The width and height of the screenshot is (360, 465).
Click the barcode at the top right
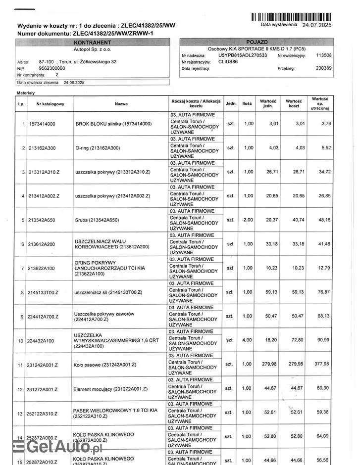tap(291, 17)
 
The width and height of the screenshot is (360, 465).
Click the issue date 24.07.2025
tap(317, 25)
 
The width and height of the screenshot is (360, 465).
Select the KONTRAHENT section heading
tap(94, 43)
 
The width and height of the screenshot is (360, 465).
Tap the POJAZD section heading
tap(257, 43)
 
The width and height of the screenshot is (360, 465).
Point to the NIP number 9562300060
tap(51, 68)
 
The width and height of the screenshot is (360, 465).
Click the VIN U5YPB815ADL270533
tap(243, 55)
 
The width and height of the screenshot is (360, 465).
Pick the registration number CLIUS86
tap(228, 62)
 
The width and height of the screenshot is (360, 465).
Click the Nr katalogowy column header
tap(50, 104)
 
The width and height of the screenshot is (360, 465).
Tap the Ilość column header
tap(247, 104)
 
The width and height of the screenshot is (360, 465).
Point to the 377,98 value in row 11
tap(322, 365)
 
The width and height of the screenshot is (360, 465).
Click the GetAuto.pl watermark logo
tap(57, 448)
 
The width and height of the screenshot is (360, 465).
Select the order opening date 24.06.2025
tap(75, 83)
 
